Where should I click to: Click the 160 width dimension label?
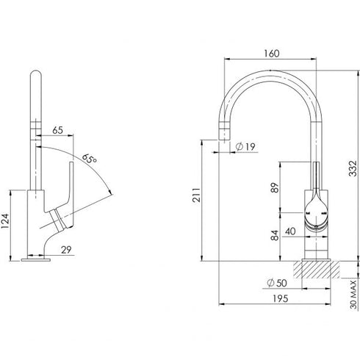[x=271, y=54]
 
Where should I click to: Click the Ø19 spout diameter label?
[x=246, y=148]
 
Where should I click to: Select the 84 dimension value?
[x=274, y=235]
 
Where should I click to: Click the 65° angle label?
[x=90, y=158]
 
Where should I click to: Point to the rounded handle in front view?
[x=315, y=213]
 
